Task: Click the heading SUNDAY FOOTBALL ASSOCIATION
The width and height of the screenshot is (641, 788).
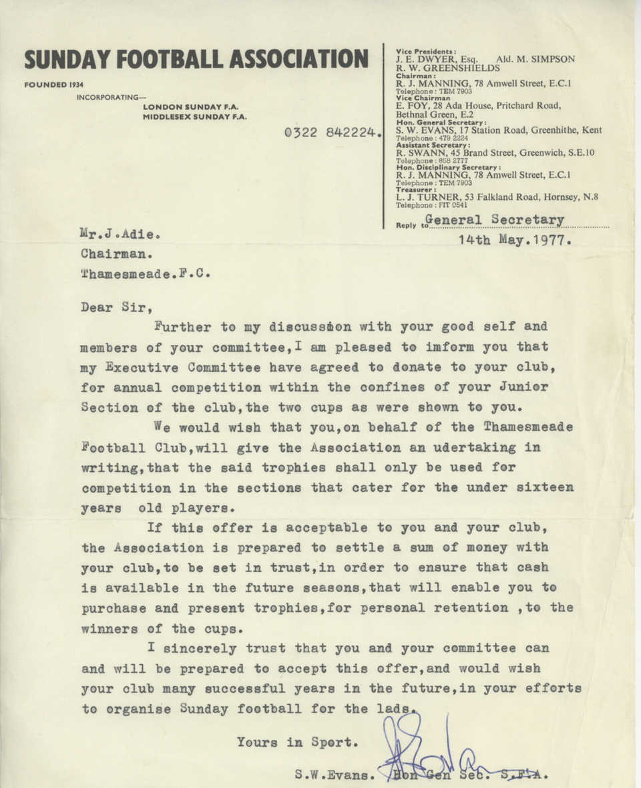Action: click(x=196, y=59)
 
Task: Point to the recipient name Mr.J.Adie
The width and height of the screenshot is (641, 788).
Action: click(x=121, y=235)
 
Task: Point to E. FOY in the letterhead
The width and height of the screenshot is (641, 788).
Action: click(x=410, y=105)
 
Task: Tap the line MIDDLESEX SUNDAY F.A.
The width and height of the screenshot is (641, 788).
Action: click(x=195, y=117)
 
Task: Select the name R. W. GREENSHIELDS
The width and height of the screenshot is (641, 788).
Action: click(x=447, y=68)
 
